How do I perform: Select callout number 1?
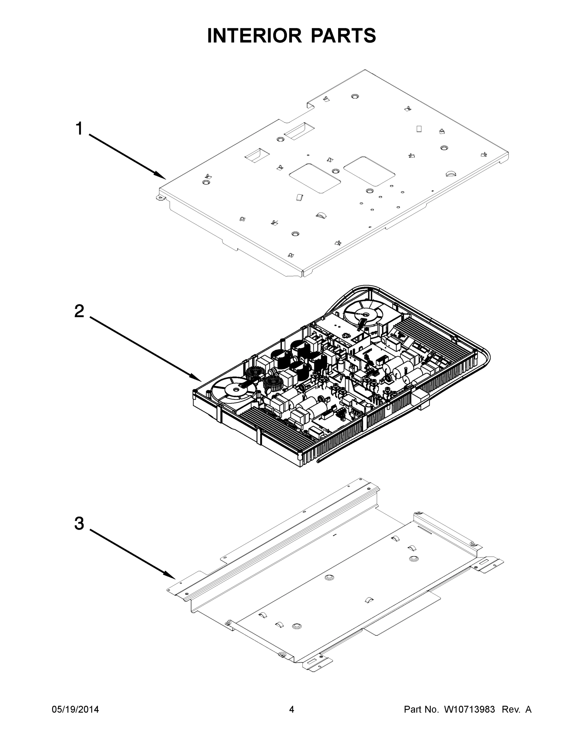click(79, 129)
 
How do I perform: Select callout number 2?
click(79, 311)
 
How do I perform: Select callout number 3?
click(79, 523)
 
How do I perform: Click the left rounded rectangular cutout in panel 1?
click(315, 178)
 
